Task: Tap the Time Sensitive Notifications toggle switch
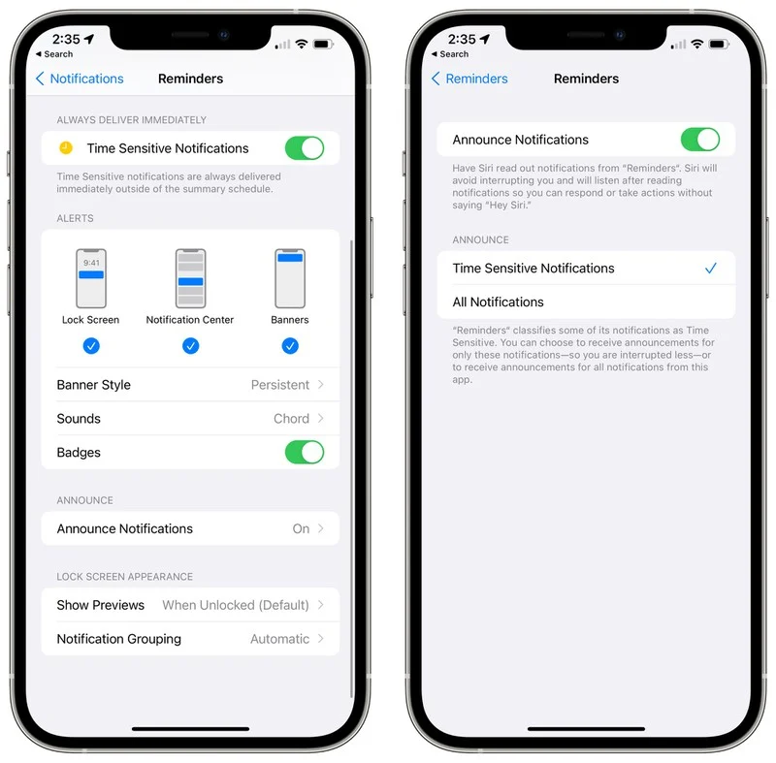pyautogui.click(x=304, y=148)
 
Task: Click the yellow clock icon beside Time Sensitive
pyautogui.click(x=65, y=148)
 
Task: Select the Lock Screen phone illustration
pyautogui.click(x=91, y=278)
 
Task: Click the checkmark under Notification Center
pyautogui.click(x=190, y=346)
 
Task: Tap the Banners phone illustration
pyautogui.click(x=290, y=278)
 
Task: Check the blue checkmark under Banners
pyautogui.click(x=290, y=346)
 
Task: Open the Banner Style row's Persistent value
pyautogui.click(x=280, y=385)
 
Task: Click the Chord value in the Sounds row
pyautogui.click(x=291, y=419)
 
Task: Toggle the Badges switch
pyautogui.click(x=304, y=453)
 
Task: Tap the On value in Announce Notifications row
pyautogui.click(x=301, y=528)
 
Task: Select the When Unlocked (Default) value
pyautogui.click(x=236, y=605)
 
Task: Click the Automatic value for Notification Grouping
pyautogui.click(x=279, y=639)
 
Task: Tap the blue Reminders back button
pyautogui.click(x=469, y=79)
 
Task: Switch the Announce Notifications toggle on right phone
pyautogui.click(x=699, y=140)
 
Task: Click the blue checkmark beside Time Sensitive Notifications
pyautogui.click(x=711, y=269)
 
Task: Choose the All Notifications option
pyautogui.click(x=498, y=302)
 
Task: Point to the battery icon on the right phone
pyautogui.click(x=719, y=45)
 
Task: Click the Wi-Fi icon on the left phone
pyautogui.click(x=301, y=45)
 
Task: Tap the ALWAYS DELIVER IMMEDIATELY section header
pyautogui.click(x=131, y=120)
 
